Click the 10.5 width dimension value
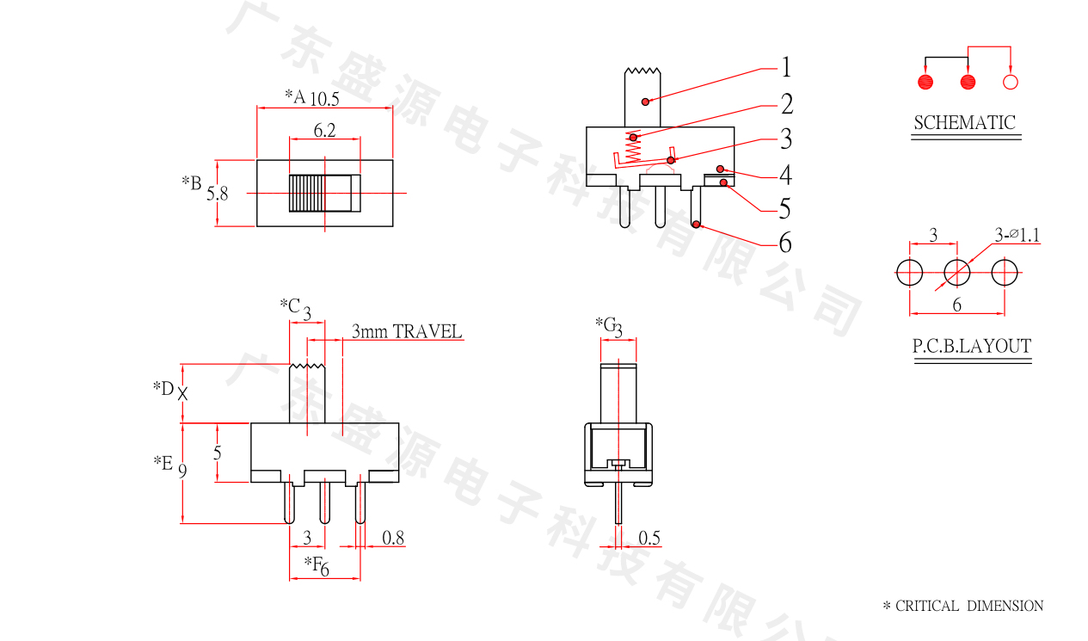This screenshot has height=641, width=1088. [324, 99]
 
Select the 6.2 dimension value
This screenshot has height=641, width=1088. [324, 130]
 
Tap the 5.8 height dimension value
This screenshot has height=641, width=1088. [217, 194]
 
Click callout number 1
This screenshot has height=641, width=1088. [786, 67]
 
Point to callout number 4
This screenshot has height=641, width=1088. [786, 175]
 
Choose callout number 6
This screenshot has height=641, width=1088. [785, 242]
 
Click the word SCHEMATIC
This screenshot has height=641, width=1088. [965, 122]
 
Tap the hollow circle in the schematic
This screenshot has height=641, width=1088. [1011, 82]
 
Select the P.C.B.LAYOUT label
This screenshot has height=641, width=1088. [972, 346]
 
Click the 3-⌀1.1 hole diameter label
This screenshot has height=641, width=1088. [1017, 235]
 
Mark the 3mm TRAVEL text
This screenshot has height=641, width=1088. [407, 331]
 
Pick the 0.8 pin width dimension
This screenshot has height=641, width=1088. [393, 538]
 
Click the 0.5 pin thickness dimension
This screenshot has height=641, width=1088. [649, 538]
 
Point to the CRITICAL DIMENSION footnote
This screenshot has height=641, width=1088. [963, 606]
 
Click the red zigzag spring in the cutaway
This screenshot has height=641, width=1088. [633, 147]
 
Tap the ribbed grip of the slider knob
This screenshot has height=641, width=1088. [307, 193]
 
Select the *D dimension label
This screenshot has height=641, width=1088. [163, 388]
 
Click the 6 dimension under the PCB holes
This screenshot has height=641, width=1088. [957, 305]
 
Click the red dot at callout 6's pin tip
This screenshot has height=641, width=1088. [696, 224]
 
